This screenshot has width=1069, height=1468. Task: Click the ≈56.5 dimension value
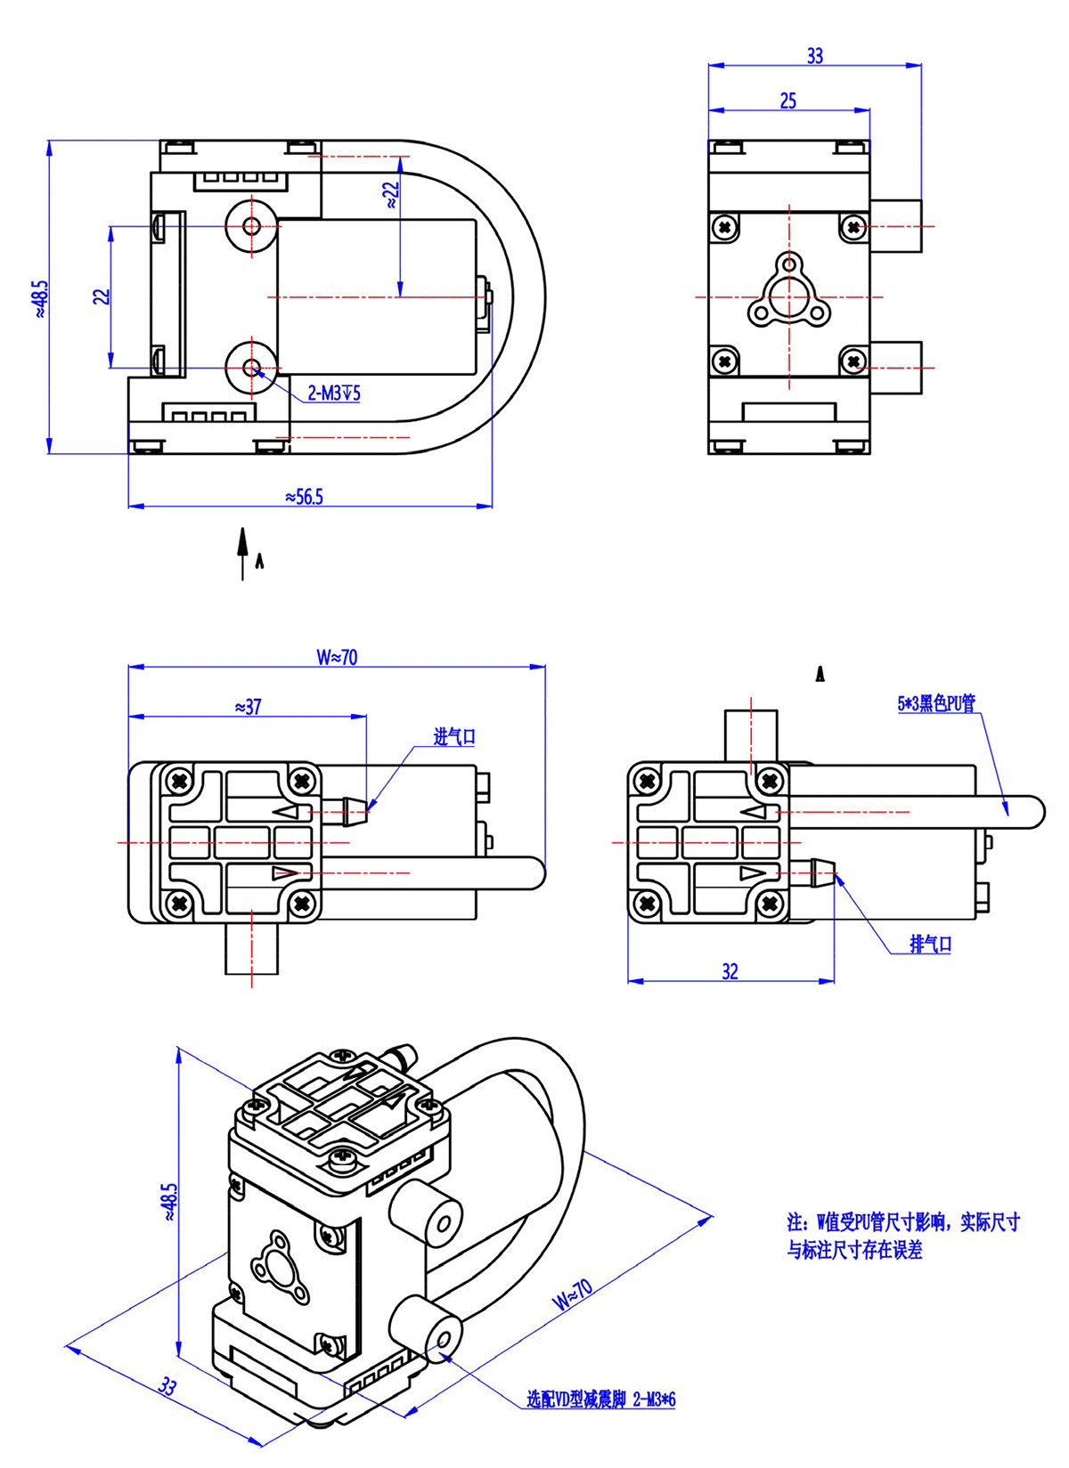click(x=304, y=497)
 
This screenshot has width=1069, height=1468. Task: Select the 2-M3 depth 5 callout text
click(x=334, y=393)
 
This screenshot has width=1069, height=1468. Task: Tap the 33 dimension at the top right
click(x=814, y=56)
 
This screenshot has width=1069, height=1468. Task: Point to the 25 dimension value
click(x=788, y=101)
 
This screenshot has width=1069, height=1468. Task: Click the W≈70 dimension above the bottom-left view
click(x=337, y=657)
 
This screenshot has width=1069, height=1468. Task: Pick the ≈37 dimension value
click(x=249, y=707)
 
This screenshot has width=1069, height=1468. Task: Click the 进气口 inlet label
click(x=454, y=737)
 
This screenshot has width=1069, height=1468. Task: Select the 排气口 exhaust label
click(x=930, y=945)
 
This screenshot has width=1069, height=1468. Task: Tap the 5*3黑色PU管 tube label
click(x=936, y=703)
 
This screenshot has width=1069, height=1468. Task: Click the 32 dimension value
click(x=730, y=971)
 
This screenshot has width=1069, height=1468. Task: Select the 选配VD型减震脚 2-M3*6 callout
click(x=600, y=1399)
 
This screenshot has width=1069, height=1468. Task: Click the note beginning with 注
click(x=902, y=1236)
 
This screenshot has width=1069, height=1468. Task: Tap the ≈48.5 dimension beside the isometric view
click(x=169, y=1202)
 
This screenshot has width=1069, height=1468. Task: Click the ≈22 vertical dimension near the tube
click(x=391, y=195)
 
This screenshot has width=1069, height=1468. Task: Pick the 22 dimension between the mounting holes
click(x=102, y=296)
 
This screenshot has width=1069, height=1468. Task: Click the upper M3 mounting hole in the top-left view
click(x=252, y=226)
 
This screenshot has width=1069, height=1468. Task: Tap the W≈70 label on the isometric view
click(x=571, y=1294)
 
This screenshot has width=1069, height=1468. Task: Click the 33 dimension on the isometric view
click(x=167, y=1386)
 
